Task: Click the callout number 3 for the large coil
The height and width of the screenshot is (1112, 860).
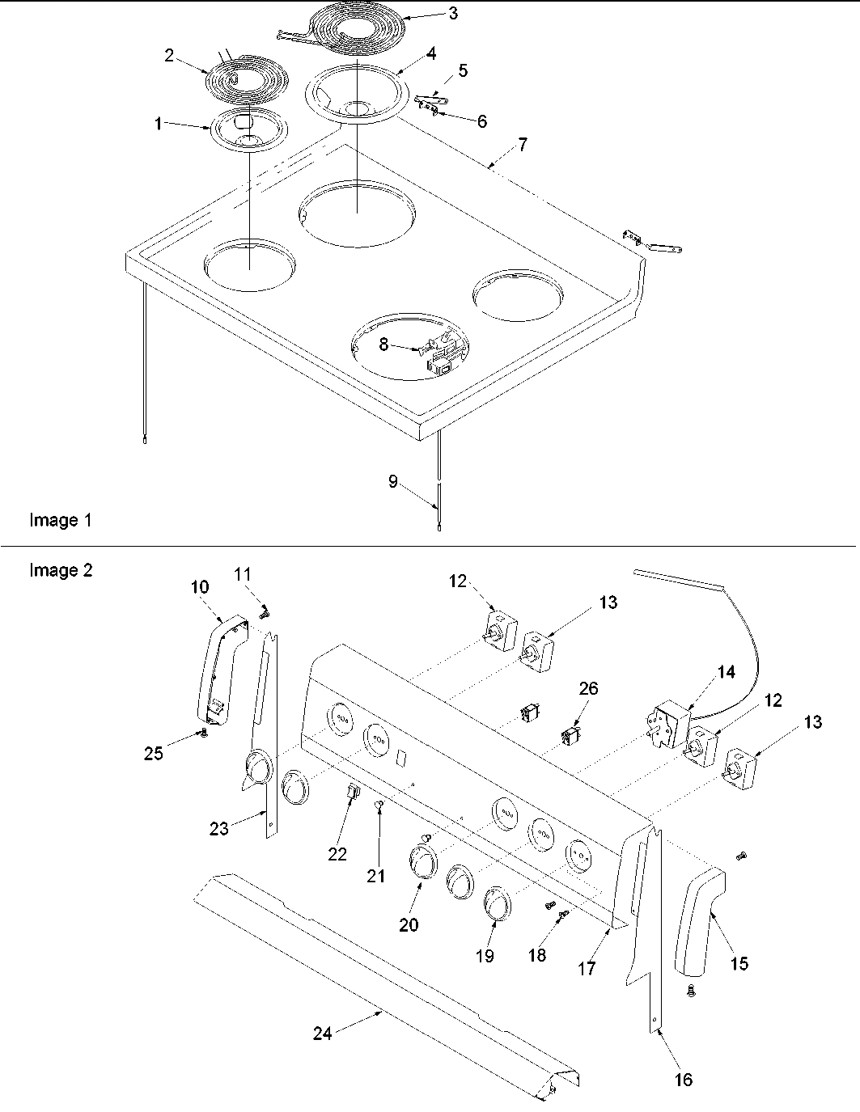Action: click(453, 13)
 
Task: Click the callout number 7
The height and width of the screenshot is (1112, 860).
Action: click(523, 145)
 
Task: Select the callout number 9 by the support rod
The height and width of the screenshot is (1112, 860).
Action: click(393, 481)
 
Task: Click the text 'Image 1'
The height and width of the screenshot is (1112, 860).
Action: click(61, 520)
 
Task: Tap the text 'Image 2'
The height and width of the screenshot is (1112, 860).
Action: click(61, 570)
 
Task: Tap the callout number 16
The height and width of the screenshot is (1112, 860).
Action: click(684, 1079)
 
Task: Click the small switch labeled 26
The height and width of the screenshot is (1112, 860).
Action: click(570, 737)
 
